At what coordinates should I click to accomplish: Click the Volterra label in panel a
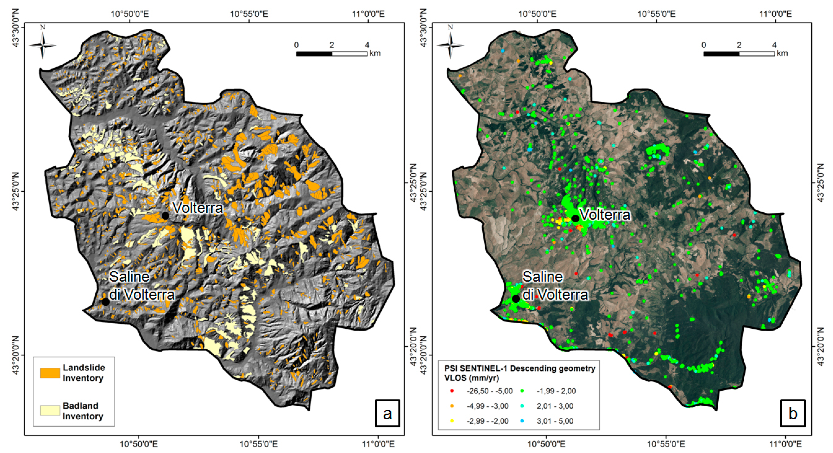pyautogui.click(x=198, y=208)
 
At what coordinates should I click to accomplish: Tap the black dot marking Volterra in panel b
pyautogui.click(x=575, y=218)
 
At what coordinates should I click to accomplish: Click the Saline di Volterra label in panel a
pyautogui.click(x=142, y=286)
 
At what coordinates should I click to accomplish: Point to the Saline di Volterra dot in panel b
pyautogui.click(x=516, y=299)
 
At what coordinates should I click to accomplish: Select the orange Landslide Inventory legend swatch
pyautogui.click(x=50, y=373)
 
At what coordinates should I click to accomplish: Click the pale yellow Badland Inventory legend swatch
pyautogui.click(x=50, y=410)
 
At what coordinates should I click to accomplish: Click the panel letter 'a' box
pyautogui.click(x=387, y=413)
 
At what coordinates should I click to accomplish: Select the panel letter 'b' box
pyautogui.click(x=793, y=413)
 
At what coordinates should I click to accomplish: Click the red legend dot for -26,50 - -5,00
pyautogui.click(x=452, y=391)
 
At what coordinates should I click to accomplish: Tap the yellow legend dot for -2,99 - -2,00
pyautogui.click(x=452, y=421)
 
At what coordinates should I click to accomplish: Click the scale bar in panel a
pyautogui.click(x=332, y=54)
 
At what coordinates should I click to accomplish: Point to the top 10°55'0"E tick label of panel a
pyautogui.click(x=249, y=14)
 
